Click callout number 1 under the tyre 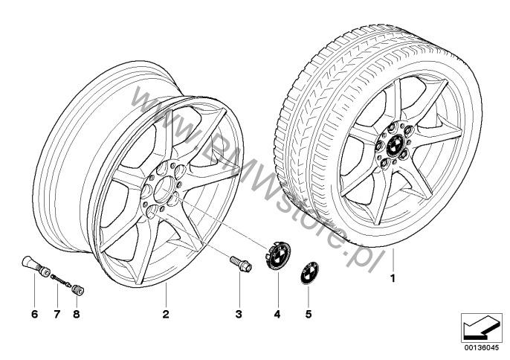(x=393, y=279)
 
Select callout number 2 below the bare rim (x=166, y=314)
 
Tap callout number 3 (x=239, y=314)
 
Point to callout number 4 (x=277, y=314)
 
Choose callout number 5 (x=309, y=314)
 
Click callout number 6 (x=34, y=314)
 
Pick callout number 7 (x=57, y=314)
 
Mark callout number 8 (x=77, y=314)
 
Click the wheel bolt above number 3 (x=241, y=263)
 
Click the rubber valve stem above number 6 (x=36, y=266)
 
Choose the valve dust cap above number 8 (x=78, y=289)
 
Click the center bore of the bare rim (x=164, y=190)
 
